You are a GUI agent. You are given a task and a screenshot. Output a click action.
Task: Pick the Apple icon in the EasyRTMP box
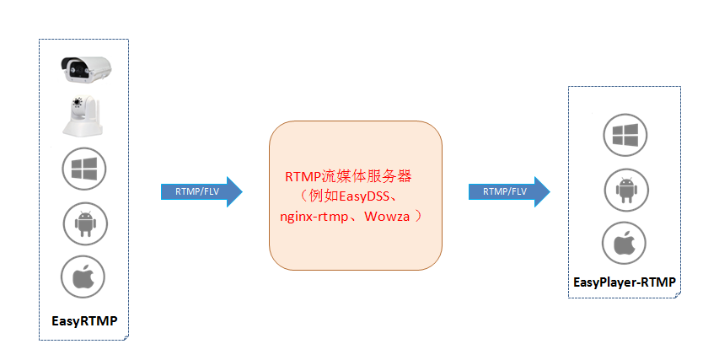pos(83,277)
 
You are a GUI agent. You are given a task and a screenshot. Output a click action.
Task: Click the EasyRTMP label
pos(84,320)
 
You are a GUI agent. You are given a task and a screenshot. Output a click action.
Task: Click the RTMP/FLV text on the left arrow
pos(196,192)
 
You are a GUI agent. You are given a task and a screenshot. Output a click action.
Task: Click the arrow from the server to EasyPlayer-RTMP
pos(509,191)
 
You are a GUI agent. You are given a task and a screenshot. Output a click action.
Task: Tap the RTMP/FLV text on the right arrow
pos(504,191)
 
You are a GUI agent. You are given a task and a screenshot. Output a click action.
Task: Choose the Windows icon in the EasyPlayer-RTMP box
pos(624,136)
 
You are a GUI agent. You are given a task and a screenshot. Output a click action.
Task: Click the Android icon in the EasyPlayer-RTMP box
pos(624,189)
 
